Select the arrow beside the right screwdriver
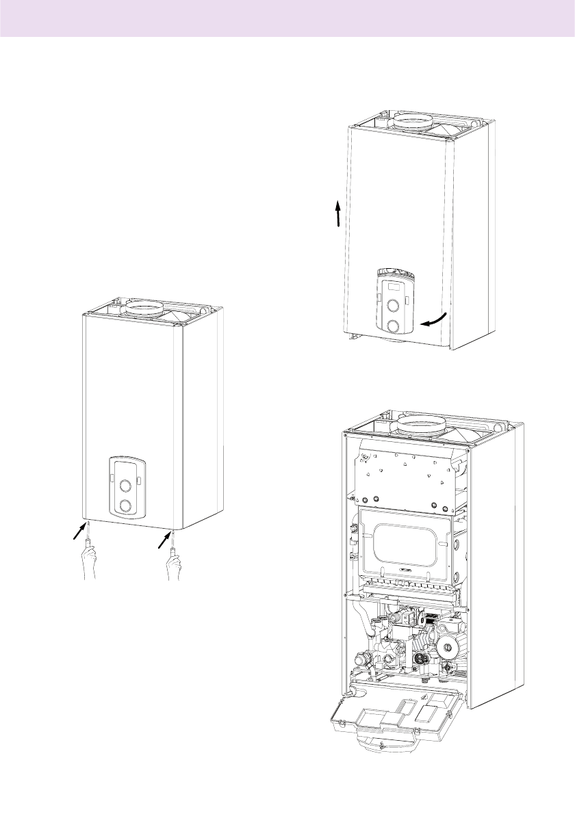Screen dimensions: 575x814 [165, 540]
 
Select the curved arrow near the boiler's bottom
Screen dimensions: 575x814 [435, 320]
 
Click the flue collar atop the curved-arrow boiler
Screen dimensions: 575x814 [411, 123]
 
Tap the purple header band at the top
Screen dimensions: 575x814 [287, 18]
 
